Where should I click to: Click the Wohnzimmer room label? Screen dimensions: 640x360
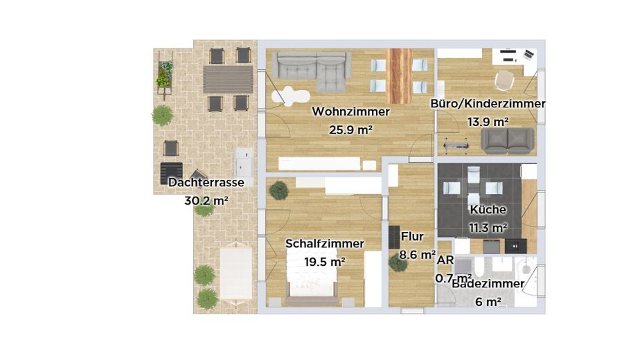350,111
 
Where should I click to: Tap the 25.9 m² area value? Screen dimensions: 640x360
350,129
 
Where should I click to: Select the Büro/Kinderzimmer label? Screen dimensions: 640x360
488,104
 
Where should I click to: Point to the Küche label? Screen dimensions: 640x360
488,210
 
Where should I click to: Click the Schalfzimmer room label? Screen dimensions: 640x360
324,244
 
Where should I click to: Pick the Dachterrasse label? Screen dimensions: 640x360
206,183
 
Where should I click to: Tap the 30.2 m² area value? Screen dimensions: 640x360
206,201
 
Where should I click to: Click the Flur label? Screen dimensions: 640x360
412,236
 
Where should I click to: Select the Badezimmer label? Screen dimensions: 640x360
488,284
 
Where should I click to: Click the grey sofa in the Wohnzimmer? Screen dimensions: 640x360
312,70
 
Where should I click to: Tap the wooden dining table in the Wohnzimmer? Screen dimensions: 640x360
399,76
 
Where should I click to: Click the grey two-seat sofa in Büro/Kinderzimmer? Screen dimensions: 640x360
507,141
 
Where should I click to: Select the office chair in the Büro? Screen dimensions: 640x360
505,80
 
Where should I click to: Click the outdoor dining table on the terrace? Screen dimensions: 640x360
228,80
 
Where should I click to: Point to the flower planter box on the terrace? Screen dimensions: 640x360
165,75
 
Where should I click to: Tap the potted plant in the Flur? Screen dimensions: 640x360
398,263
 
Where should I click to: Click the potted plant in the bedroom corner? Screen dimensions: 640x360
279,190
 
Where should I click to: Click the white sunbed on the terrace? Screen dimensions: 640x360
236,273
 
